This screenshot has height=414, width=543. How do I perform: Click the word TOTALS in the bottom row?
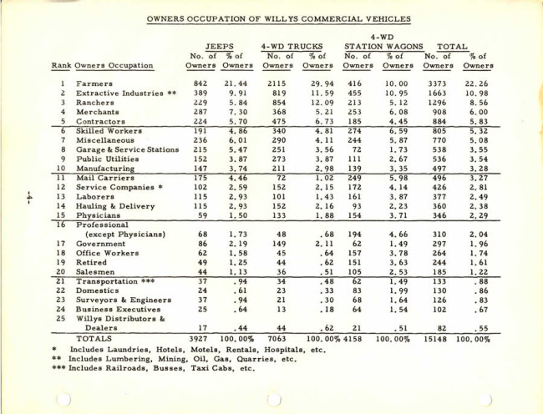tap(98, 341)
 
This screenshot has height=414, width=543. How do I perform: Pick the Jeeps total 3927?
tap(198, 341)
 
